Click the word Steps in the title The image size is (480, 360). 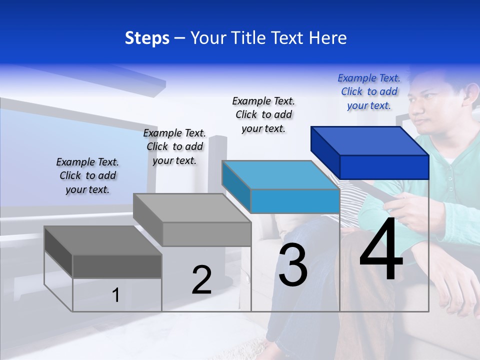(147, 38)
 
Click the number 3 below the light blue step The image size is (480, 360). (293, 265)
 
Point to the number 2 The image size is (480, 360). (202, 280)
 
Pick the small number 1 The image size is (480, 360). (116, 295)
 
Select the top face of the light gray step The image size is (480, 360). (192, 208)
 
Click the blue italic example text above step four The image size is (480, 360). (369, 91)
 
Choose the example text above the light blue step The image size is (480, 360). (263, 114)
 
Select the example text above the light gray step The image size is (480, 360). (174, 146)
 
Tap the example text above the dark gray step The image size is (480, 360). (87, 175)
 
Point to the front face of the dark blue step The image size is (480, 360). (384, 167)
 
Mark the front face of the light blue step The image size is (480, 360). (295, 201)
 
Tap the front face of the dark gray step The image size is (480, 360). (117, 266)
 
